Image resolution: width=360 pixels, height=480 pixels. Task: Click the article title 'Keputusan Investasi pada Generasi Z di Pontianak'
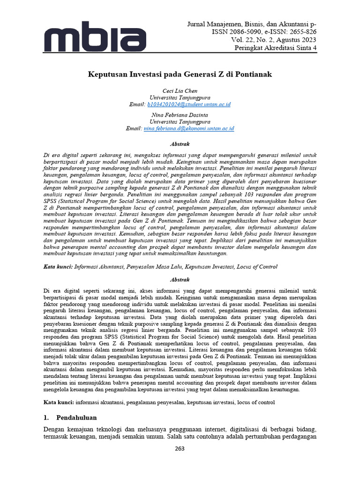click(x=180, y=74)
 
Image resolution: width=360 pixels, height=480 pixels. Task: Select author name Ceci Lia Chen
click(x=180, y=90)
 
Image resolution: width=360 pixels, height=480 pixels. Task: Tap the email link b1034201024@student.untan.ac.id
click(x=189, y=104)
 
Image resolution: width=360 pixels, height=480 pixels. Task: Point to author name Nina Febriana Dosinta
click(x=180, y=114)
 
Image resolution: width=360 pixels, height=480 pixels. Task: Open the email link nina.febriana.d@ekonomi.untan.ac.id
click(x=189, y=128)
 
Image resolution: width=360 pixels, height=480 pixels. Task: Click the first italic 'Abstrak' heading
click(x=180, y=144)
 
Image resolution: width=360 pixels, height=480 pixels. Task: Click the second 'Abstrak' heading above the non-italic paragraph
click(x=180, y=279)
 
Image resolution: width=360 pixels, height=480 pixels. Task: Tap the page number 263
click(x=180, y=449)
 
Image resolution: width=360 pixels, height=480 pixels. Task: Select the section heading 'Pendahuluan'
click(x=76, y=417)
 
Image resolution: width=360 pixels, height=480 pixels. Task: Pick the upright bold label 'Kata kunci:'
click(x=59, y=402)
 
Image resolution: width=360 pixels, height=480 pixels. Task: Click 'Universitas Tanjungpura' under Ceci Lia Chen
click(x=180, y=97)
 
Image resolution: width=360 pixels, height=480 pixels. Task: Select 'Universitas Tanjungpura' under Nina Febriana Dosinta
click(x=180, y=121)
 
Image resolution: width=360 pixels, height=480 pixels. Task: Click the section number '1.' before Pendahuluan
click(x=46, y=417)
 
